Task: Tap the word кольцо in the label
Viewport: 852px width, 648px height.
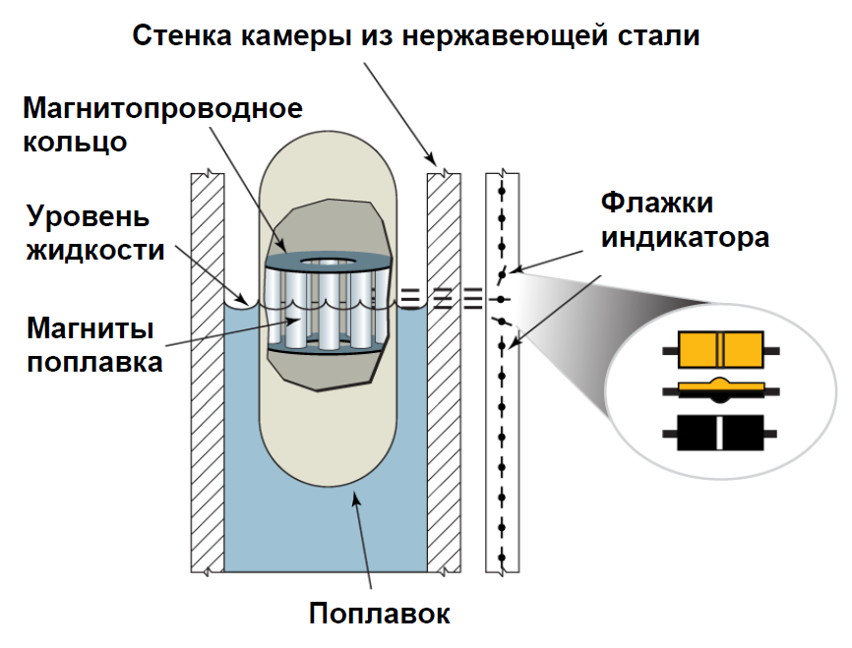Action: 76,141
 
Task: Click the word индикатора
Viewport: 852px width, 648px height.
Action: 685,237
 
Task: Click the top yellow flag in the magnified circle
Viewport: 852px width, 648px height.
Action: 721,348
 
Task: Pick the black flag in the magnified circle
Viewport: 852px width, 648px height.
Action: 721,432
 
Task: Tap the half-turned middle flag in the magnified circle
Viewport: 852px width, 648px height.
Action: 721,388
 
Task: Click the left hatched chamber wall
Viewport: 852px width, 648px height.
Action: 208,374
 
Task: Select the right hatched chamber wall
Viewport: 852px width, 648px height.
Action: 444,374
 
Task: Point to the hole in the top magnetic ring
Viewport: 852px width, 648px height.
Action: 330,263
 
